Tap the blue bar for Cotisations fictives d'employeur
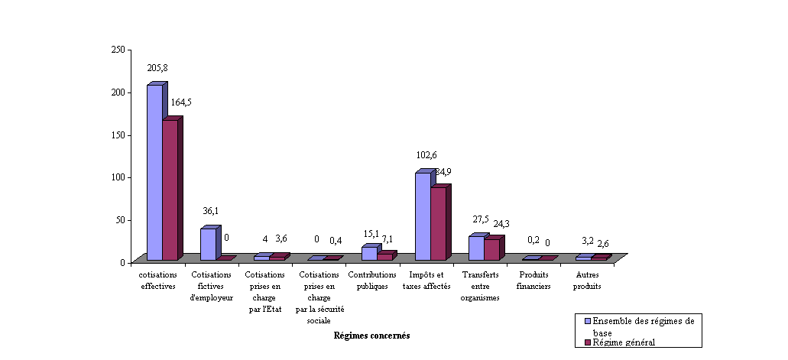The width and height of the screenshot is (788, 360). [208, 244]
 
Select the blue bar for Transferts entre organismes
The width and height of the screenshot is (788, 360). [476, 248]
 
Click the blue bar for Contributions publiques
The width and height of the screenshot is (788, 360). [369, 253]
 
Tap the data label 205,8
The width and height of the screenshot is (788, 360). [157, 68]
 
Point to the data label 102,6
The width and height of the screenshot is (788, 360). [426, 155]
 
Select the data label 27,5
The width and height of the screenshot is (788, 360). [479, 219]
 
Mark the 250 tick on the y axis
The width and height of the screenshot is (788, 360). [118, 49]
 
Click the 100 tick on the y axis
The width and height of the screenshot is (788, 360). [118, 177]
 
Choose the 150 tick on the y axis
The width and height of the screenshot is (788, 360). [118, 135]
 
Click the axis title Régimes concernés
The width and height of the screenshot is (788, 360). [372, 336]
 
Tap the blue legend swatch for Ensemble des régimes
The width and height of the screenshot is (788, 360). [587, 322]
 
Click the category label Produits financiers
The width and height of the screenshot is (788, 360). [533, 281]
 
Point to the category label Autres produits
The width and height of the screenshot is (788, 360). [587, 281]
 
